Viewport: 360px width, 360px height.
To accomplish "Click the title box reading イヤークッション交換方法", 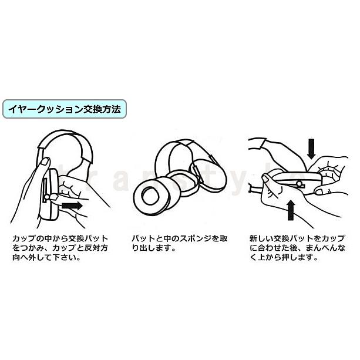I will [x=64, y=109].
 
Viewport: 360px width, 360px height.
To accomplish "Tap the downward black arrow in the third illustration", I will [x=311, y=148].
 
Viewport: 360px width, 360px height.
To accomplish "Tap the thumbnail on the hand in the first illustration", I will [x=43, y=162].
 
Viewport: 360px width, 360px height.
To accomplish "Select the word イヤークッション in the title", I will [x=42, y=109].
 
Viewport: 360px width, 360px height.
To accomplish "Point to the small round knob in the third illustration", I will [x=300, y=184].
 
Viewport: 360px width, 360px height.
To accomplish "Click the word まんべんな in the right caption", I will [x=325, y=249].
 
